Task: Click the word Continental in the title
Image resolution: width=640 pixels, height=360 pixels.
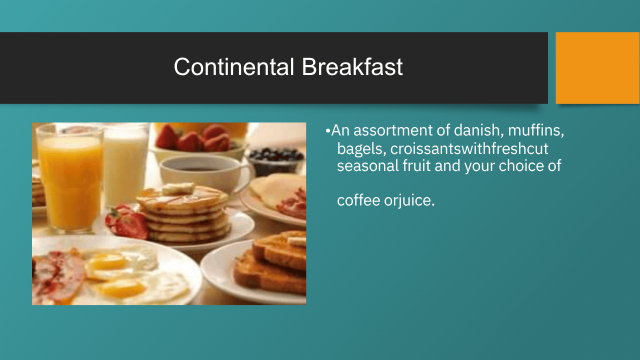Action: (x=234, y=67)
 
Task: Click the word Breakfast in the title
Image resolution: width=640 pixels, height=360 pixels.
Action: (x=352, y=67)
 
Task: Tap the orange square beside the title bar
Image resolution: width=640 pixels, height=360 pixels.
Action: (x=597, y=68)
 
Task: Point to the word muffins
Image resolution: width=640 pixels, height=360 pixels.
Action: (x=536, y=130)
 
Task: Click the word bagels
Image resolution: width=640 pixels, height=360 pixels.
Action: (x=361, y=149)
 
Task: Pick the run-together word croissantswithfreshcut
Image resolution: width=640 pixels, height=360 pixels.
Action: (x=469, y=148)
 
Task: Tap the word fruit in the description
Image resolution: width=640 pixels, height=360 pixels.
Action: (x=416, y=165)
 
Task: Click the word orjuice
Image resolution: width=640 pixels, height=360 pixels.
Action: (x=409, y=200)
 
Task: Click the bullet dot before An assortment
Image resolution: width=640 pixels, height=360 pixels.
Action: (x=327, y=131)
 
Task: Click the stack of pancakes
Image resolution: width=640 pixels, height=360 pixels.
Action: (x=183, y=213)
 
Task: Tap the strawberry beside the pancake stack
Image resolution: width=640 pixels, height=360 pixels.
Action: (x=127, y=221)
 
